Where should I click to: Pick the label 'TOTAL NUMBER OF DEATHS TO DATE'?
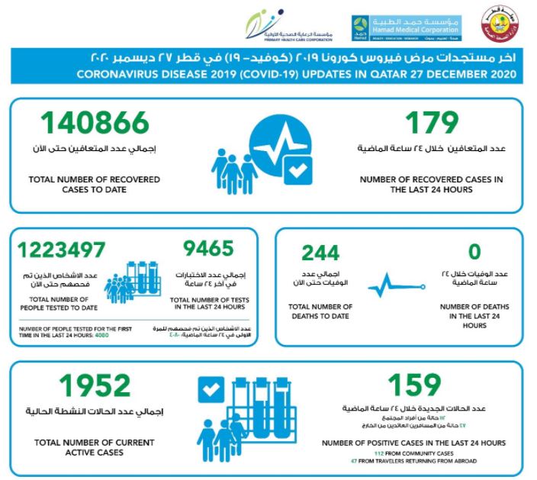[320, 311]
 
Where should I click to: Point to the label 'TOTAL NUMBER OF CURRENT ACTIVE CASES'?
[95, 447]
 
